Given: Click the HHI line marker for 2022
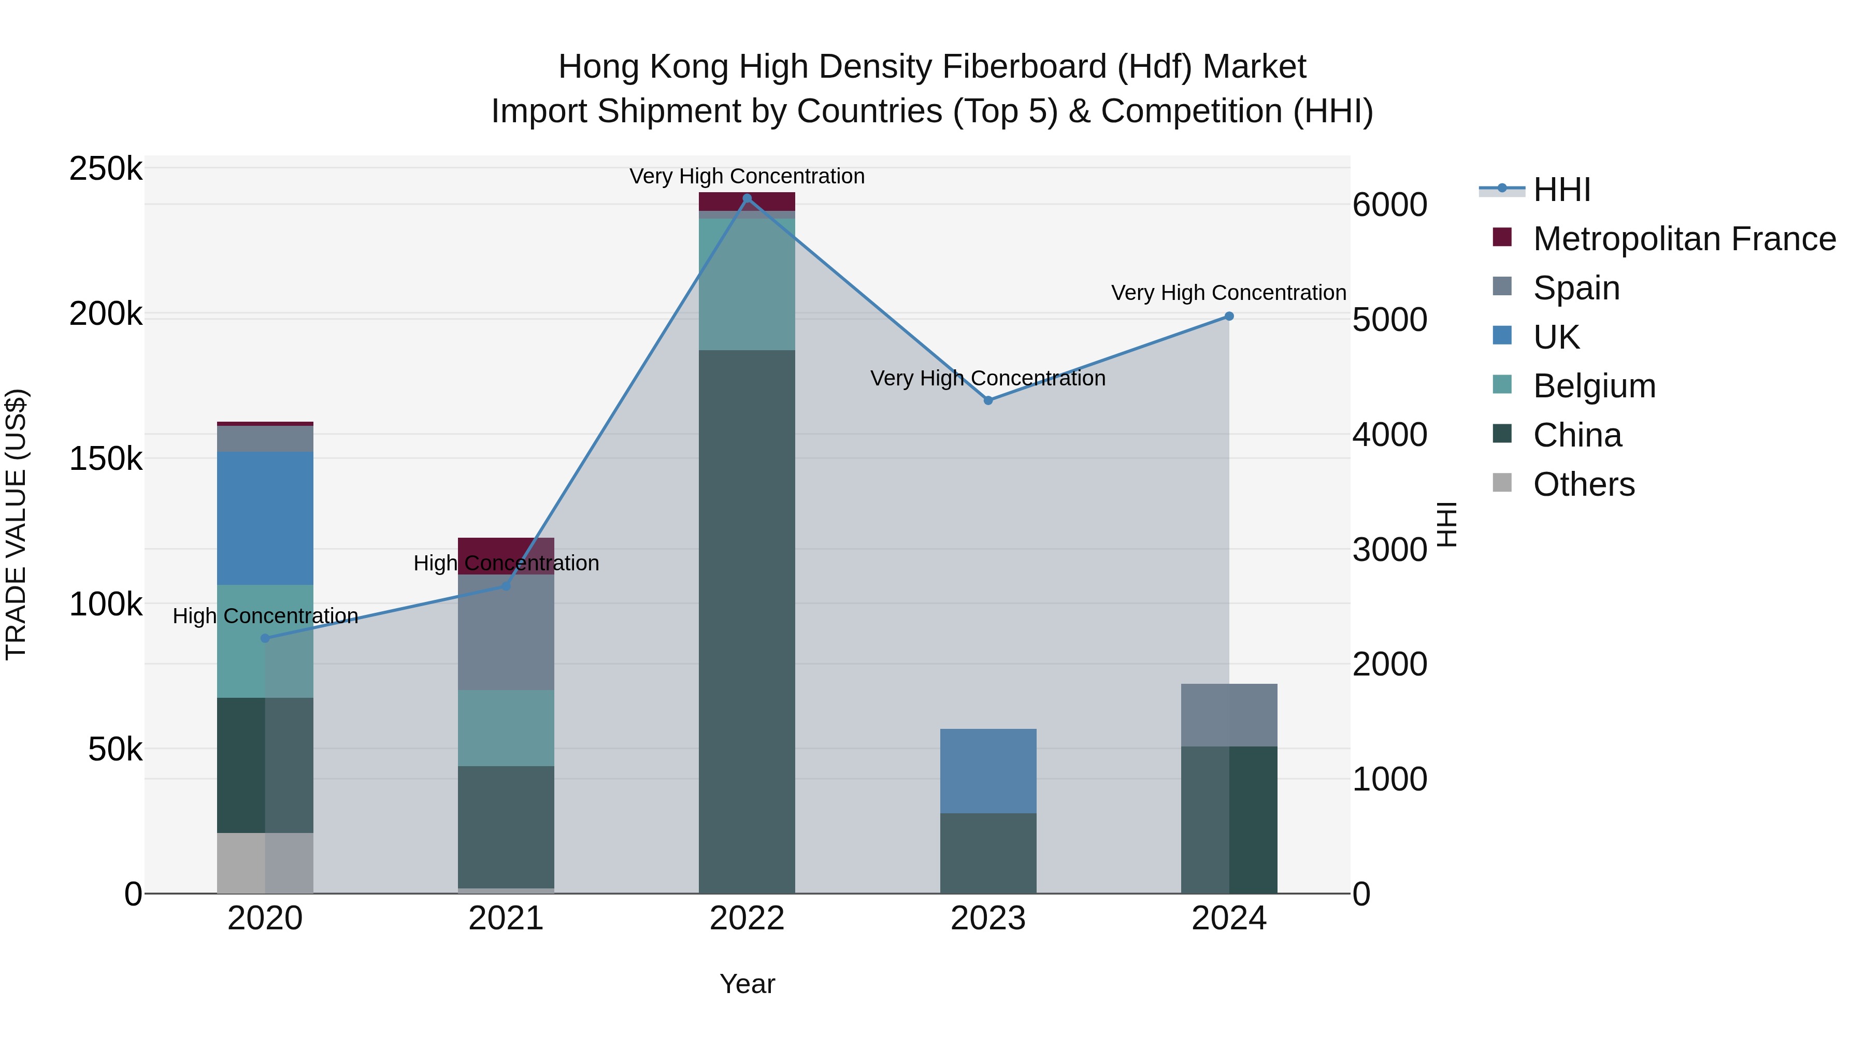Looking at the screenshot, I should coord(747,198).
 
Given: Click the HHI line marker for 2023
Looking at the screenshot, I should coord(987,400).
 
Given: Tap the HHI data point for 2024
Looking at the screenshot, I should coord(1229,317).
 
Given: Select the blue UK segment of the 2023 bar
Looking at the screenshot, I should coord(987,770).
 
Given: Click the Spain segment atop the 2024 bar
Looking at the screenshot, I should coord(1229,714).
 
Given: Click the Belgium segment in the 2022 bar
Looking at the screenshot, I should coord(747,284).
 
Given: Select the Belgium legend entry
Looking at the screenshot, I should coord(1594,386).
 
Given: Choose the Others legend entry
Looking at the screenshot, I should coord(1583,484).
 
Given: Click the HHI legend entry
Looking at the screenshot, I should coord(1561,190).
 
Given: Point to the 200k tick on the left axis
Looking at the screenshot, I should coord(106,314).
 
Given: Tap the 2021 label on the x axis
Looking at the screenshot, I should coord(506,918).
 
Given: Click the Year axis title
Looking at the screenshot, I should coord(747,984).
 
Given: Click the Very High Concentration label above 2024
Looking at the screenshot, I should coord(1229,293).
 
